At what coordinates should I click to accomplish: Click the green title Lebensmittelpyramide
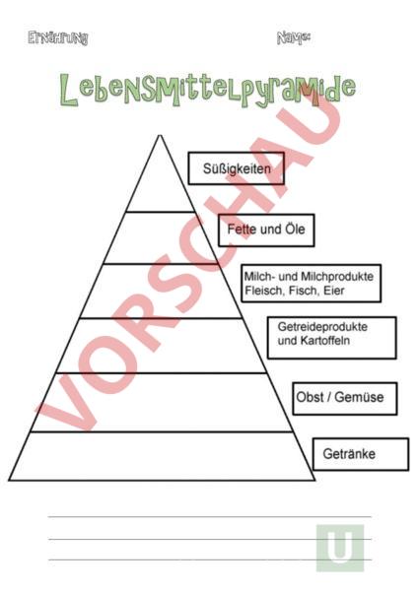point(207,91)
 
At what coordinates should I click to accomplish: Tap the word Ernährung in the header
point(58,38)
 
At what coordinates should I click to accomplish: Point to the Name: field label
point(294,37)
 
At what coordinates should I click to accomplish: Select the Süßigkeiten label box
point(237,168)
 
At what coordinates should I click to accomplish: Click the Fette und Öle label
point(266,230)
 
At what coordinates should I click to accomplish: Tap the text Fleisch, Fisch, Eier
point(294,291)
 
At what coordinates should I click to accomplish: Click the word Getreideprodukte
point(322,326)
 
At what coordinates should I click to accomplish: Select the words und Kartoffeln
point(313,341)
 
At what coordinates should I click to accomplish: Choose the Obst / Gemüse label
point(340,397)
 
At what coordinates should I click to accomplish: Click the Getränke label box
point(361,454)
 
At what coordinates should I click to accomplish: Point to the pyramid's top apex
point(160,135)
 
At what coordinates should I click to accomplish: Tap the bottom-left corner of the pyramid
point(9,481)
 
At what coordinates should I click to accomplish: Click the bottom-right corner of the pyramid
point(314,481)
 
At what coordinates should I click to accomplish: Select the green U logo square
point(340,548)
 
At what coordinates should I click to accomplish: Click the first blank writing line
point(210,517)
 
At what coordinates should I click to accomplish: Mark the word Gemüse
point(359,397)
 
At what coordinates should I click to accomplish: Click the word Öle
point(296,229)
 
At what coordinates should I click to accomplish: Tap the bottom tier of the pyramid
point(162,456)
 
